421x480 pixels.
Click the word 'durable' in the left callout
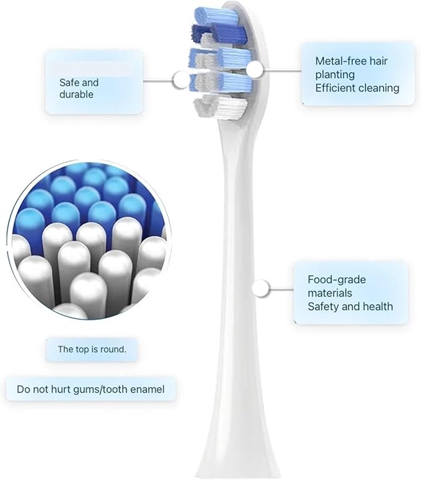click(76, 94)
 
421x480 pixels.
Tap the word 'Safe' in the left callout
click(69, 82)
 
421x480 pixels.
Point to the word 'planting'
click(335, 75)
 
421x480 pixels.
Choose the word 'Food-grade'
click(337, 280)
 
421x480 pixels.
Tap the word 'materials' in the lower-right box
click(330, 293)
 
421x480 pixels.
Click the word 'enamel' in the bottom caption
click(148, 389)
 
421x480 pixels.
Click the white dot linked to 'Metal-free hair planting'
click(255, 69)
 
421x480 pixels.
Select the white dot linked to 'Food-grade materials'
click(261, 288)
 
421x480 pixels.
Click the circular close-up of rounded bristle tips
click(89, 240)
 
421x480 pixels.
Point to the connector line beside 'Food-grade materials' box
click(281, 288)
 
